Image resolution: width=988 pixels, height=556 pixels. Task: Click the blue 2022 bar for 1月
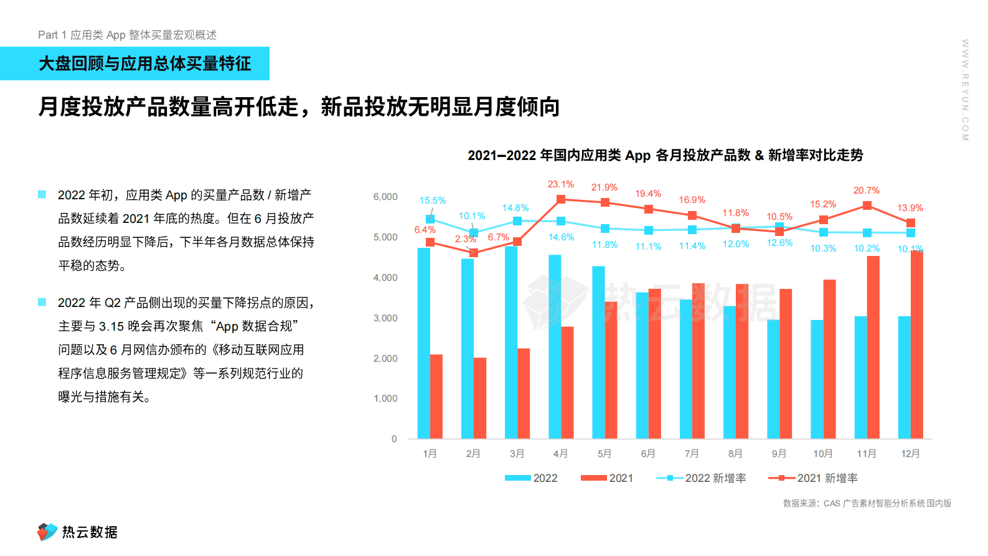tap(423, 343)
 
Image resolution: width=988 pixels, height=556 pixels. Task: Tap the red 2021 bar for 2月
tap(480, 398)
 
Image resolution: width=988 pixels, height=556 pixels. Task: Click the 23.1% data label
tap(560, 184)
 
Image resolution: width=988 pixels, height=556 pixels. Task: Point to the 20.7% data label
tap(866, 191)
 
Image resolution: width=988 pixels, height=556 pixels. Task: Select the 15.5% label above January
tap(432, 200)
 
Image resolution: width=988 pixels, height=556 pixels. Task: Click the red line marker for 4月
tap(561, 199)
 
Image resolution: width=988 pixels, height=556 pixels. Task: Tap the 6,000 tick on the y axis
tap(385, 197)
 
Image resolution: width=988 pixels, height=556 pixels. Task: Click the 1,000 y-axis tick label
tap(385, 398)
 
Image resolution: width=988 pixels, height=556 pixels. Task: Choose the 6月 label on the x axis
tap(648, 453)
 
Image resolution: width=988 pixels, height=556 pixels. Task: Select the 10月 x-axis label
tap(822, 453)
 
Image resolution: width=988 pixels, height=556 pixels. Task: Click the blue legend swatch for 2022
tap(517, 478)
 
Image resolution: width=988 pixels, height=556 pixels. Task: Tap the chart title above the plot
tap(665, 155)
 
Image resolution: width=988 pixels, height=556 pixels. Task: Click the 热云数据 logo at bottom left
tap(77, 532)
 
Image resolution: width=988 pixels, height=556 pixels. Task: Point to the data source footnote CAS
tap(867, 503)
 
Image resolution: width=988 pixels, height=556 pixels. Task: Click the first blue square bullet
tap(42, 194)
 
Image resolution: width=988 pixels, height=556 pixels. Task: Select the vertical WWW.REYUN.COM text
tap(965, 90)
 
